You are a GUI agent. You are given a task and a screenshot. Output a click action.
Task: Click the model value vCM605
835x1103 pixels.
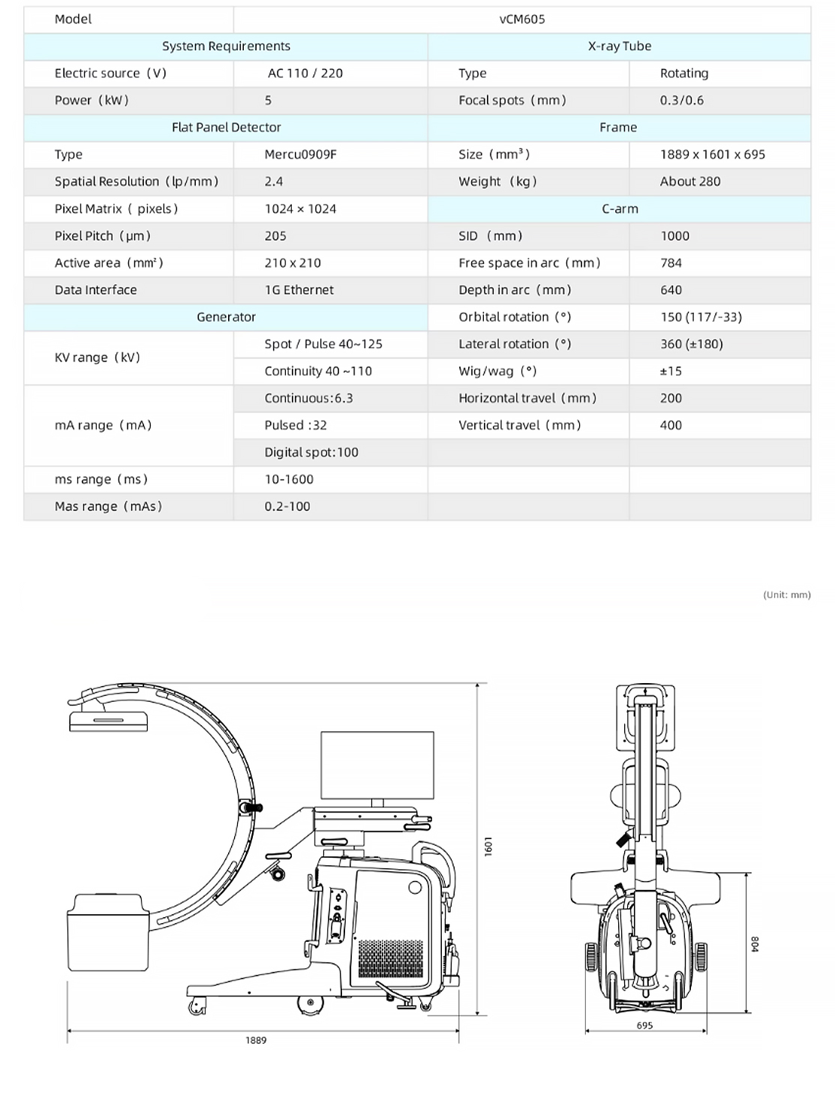pos(521,19)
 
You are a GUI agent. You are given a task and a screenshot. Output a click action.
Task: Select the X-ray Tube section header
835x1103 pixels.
pos(619,46)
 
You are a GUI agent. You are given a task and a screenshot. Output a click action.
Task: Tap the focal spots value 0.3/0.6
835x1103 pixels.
pos(681,100)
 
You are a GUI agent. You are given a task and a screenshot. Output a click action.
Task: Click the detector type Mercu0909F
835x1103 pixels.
pos(300,154)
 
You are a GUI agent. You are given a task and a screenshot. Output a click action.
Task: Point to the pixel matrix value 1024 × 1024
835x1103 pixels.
pos(300,209)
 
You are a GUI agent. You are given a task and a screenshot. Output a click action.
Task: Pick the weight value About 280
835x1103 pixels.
pos(689,181)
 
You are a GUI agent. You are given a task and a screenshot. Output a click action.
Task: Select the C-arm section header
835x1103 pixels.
pos(620,209)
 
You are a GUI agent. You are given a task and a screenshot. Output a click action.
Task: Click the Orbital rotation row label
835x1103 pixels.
pos(515,317)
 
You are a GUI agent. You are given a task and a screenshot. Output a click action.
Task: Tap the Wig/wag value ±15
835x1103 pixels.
pos(671,371)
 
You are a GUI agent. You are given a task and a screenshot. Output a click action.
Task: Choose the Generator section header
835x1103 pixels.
pos(226,317)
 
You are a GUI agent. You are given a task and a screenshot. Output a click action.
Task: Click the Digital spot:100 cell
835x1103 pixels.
pos(311,452)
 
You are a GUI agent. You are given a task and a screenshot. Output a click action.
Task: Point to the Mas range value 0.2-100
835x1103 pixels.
pos(287,507)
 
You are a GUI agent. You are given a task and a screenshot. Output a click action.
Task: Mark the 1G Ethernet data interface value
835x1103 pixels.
pos(299,290)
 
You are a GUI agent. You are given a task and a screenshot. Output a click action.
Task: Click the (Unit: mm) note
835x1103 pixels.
pos(786,595)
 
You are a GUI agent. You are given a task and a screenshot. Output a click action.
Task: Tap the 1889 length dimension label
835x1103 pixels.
pos(256,1040)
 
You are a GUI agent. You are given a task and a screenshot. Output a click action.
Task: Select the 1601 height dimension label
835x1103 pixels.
pos(488,847)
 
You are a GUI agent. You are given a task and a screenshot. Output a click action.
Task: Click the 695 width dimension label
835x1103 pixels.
pos(644,1025)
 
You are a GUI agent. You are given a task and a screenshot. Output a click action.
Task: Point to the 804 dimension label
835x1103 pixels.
pos(755,944)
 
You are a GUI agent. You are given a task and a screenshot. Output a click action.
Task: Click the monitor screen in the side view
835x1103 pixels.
pos(377,765)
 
